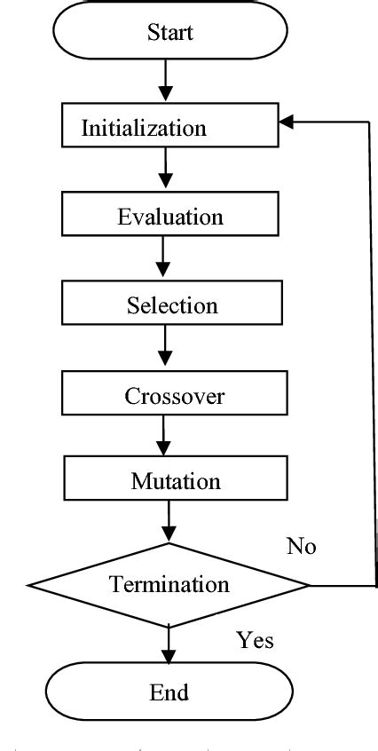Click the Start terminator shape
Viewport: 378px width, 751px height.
point(170,34)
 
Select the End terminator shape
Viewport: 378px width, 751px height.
point(169,692)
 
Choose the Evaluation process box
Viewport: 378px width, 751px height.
point(170,216)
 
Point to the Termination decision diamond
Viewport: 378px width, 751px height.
point(169,585)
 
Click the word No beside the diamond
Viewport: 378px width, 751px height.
point(301,546)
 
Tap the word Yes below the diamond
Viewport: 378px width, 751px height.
point(255,639)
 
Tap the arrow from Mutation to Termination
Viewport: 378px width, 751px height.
point(166,524)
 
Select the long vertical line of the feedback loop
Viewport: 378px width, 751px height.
point(369,355)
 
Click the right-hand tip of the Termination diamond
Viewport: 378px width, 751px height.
point(308,585)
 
